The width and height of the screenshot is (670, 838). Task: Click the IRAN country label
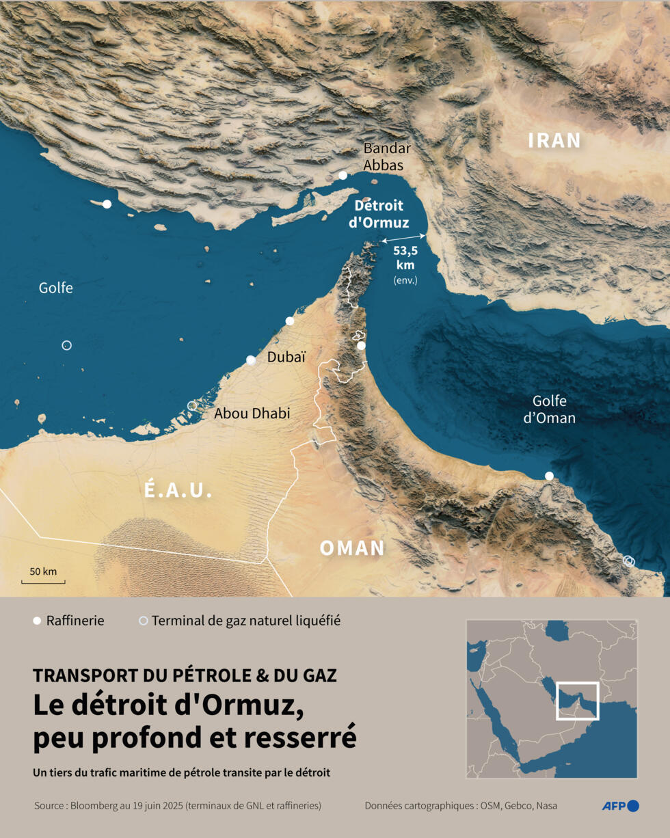click(554, 141)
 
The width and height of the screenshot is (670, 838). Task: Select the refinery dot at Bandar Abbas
click(343, 176)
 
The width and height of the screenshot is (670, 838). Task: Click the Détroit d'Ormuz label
click(379, 214)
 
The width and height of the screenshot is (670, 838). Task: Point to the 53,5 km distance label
click(405, 258)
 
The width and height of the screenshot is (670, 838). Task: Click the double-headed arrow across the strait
click(404, 238)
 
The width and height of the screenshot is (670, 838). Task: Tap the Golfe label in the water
click(56, 288)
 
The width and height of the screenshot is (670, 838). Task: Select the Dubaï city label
click(286, 357)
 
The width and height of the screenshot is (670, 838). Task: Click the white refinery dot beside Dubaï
click(251, 360)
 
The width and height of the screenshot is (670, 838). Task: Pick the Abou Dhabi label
click(252, 414)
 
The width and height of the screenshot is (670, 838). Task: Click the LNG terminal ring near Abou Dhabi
click(192, 406)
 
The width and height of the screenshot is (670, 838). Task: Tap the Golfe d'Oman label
click(550, 409)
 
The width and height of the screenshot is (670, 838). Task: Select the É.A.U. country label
click(178, 490)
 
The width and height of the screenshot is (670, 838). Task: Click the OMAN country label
click(352, 548)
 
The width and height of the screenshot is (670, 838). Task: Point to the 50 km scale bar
click(43, 582)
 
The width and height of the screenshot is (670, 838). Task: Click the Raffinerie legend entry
click(68, 621)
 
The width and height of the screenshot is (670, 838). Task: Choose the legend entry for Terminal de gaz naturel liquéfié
click(239, 621)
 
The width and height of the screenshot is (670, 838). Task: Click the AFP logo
click(619, 806)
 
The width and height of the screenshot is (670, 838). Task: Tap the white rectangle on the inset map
click(577, 701)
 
